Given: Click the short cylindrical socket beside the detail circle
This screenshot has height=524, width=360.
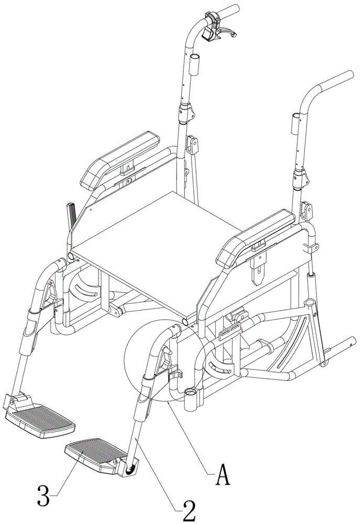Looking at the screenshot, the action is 193,400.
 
